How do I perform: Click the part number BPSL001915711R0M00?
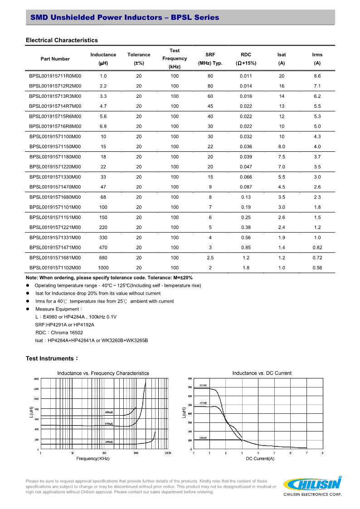tap(55, 76)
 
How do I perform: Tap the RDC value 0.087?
tap(246, 187)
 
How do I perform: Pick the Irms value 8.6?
tap(317, 76)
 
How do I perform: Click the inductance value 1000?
tap(103, 267)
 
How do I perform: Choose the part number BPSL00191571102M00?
tap(55, 267)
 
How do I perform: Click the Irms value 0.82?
tap(317, 247)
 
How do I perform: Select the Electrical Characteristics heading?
tap(62, 40)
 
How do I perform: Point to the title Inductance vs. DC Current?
tap(262, 373)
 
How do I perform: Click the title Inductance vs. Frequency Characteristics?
tap(103, 373)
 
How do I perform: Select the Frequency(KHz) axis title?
tap(93, 459)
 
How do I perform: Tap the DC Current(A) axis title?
tap(260, 459)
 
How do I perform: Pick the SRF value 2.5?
tap(210, 257)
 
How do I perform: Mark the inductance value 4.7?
tap(103, 106)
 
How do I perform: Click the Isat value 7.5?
tap(282, 156)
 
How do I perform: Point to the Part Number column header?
tap(55, 58)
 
